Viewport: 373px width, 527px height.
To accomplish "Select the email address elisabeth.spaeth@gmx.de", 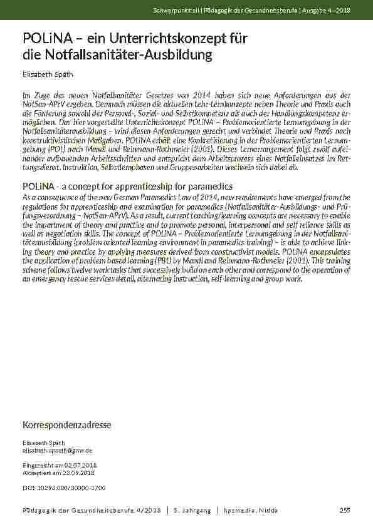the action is [58, 450].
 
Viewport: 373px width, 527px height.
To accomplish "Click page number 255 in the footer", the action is [344, 511].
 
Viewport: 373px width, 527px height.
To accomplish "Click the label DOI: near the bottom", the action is [28, 487].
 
